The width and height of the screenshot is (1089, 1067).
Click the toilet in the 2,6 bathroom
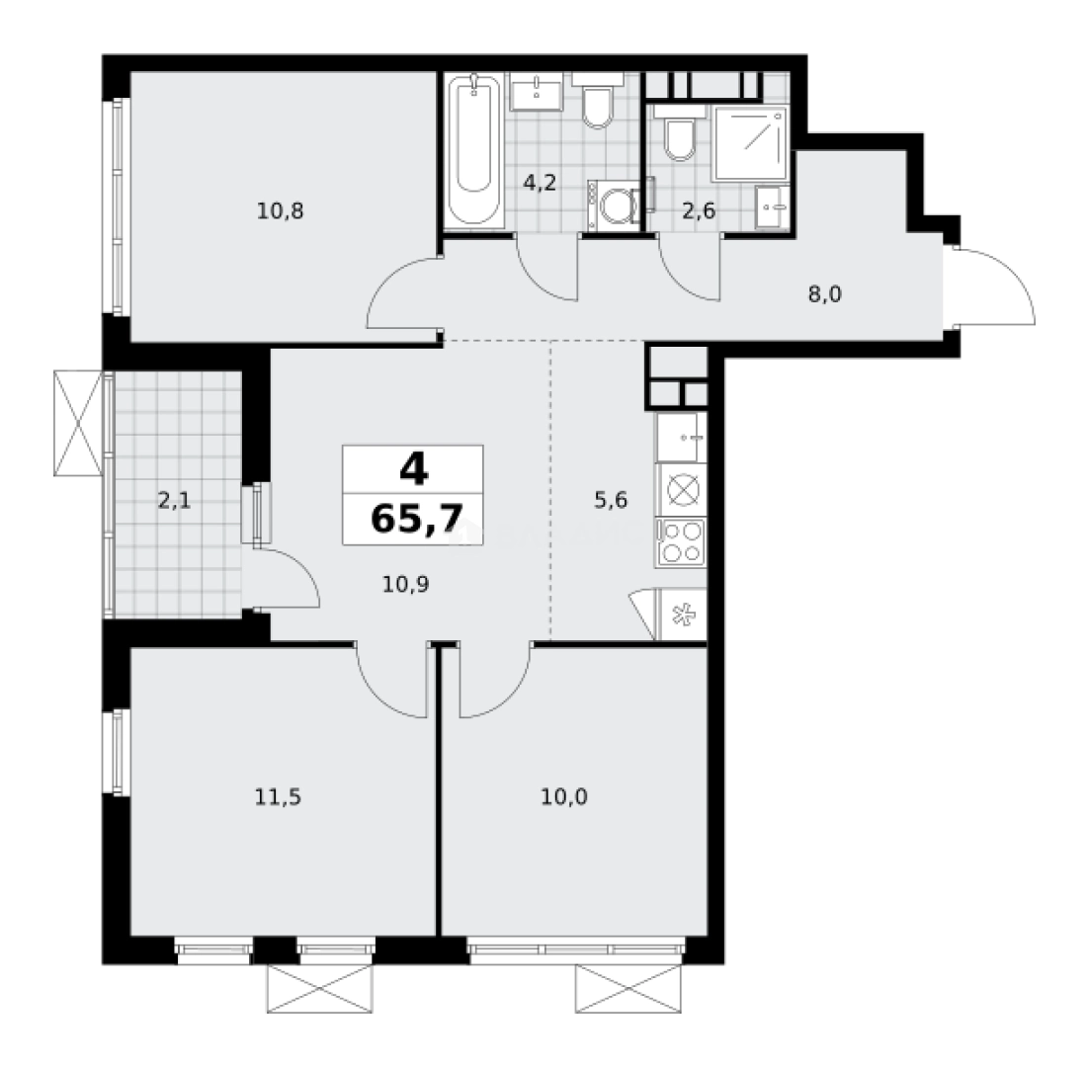[679, 137]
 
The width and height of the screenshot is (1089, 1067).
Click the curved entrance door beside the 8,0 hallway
[993, 287]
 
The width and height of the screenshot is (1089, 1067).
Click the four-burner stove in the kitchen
[681, 540]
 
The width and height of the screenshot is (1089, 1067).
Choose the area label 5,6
[611, 500]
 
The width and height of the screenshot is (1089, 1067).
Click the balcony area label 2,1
[174, 501]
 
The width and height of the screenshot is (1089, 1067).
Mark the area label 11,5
[276, 797]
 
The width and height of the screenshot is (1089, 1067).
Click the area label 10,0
[565, 797]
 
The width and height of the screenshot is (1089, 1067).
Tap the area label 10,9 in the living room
[405, 583]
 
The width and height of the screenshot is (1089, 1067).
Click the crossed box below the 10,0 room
[628, 989]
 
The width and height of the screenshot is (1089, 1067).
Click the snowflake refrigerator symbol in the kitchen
[681, 614]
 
